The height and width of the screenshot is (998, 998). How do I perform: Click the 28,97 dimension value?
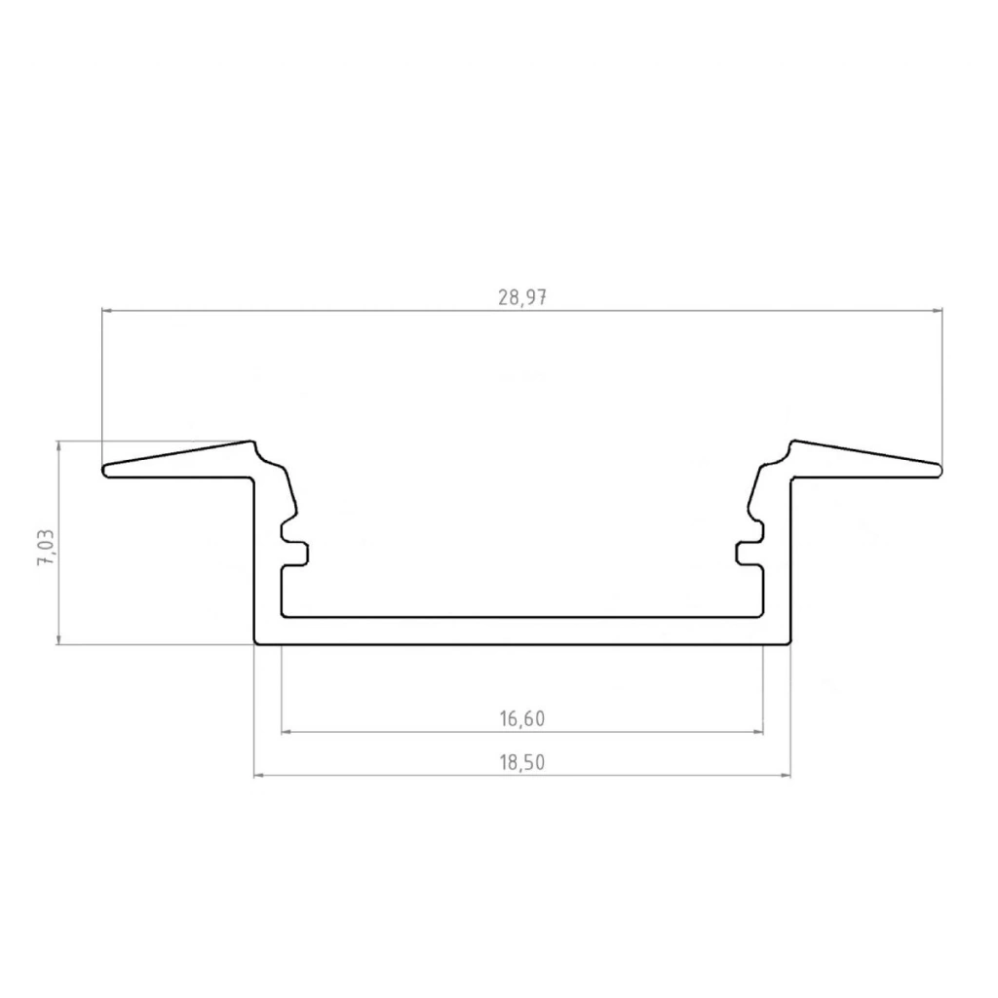point(522,297)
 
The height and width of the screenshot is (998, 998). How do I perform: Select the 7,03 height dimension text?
point(47,548)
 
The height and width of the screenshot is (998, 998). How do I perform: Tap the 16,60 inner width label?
point(522,718)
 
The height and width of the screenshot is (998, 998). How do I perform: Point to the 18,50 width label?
point(522,762)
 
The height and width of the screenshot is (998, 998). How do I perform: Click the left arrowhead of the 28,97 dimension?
point(107,311)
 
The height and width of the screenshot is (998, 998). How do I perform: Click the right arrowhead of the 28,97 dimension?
point(937,311)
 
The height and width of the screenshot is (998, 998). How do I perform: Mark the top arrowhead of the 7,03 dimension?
point(59,446)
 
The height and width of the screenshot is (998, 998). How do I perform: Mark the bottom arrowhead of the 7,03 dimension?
point(59,638)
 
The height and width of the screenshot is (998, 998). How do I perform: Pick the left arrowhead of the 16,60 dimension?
point(288,732)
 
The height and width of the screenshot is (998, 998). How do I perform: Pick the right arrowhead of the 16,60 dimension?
point(757,732)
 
